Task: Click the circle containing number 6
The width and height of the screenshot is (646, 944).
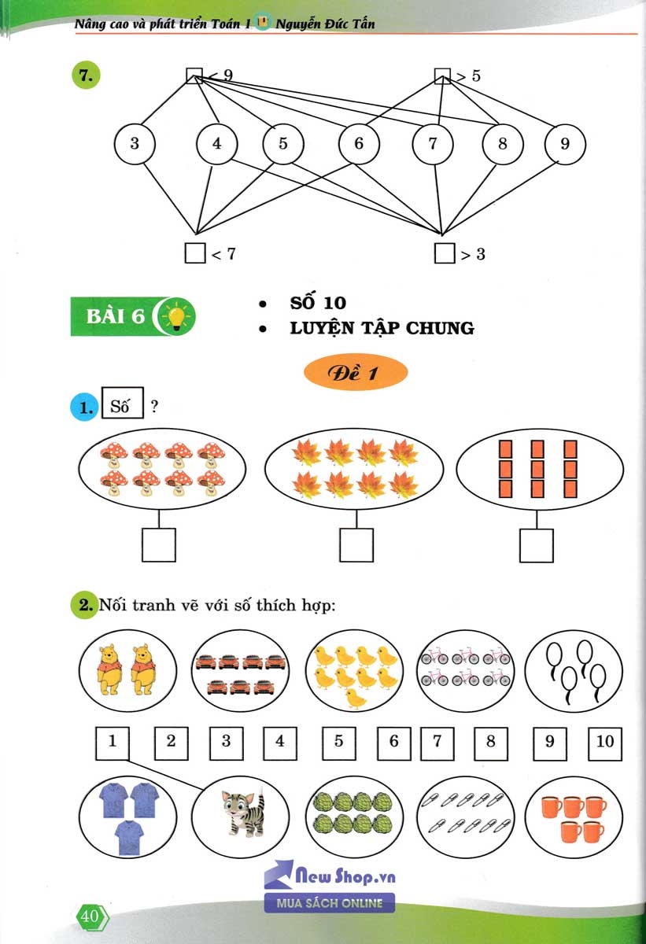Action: click(359, 144)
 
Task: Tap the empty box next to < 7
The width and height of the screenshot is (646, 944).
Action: click(194, 253)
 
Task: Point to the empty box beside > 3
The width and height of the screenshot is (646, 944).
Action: click(445, 253)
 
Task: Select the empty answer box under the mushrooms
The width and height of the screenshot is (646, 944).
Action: click(159, 544)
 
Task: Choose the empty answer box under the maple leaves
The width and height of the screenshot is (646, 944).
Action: click(356, 544)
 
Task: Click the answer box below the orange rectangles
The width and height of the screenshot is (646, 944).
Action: click(537, 544)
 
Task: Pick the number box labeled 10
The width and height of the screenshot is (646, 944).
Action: click(604, 742)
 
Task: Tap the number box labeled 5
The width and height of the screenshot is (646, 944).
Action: click(338, 742)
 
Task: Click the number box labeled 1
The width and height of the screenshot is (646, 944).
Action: click(113, 742)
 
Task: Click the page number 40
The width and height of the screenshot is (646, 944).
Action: click(90, 916)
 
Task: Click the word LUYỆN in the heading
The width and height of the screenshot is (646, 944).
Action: click(323, 328)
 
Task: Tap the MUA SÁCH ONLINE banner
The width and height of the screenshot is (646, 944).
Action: click(329, 902)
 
